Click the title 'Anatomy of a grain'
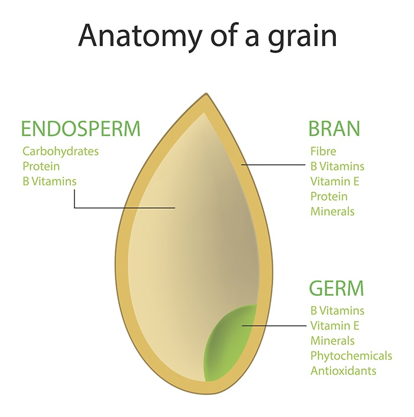(208, 36)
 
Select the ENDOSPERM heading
(80, 129)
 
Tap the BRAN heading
(334, 129)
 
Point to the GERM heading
(337, 288)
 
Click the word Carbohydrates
(61, 151)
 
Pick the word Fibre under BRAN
(324, 151)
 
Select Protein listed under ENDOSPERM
(41, 166)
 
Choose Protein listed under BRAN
(329, 196)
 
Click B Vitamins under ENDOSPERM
(50, 182)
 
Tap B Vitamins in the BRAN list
(337, 166)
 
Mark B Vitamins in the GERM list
(337, 311)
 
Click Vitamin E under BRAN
(335, 182)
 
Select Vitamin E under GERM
(335, 325)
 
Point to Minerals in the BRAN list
(332, 212)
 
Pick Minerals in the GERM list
(332, 341)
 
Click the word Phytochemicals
(351, 356)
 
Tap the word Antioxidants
(343, 371)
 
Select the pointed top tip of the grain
(206, 93)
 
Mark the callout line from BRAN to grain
(273, 165)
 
